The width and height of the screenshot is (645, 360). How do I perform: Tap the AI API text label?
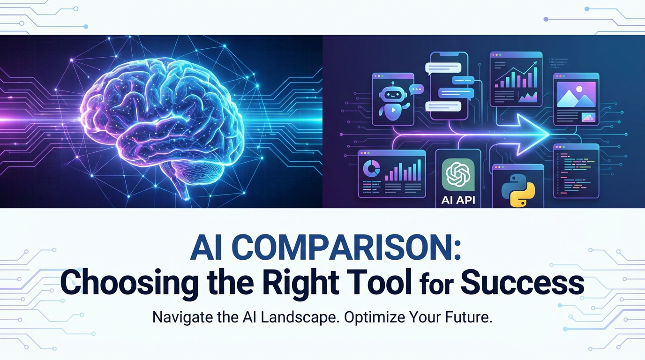tap(458, 200)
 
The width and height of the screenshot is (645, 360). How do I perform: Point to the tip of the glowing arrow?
tap(548, 134)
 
